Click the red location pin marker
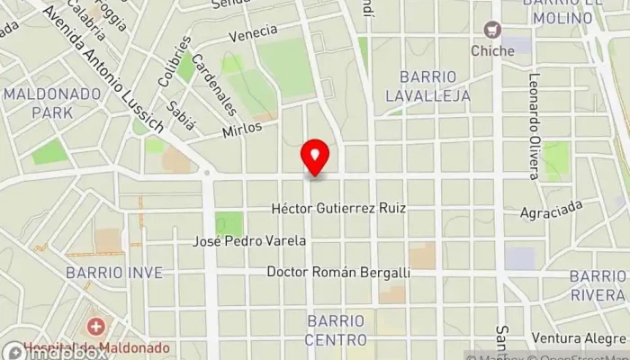[x=315, y=157]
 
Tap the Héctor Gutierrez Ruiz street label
[x=338, y=208]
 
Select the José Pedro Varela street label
[x=250, y=241]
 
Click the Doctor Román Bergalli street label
[x=338, y=272]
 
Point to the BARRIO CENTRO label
[x=336, y=329]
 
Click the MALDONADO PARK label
[x=39, y=103]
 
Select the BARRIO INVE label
[x=113, y=272]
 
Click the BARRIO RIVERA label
[x=598, y=283]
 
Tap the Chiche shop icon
[x=491, y=31]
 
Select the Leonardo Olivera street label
[x=534, y=126]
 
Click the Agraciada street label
[x=552, y=211]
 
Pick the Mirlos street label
[x=242, y=129]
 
